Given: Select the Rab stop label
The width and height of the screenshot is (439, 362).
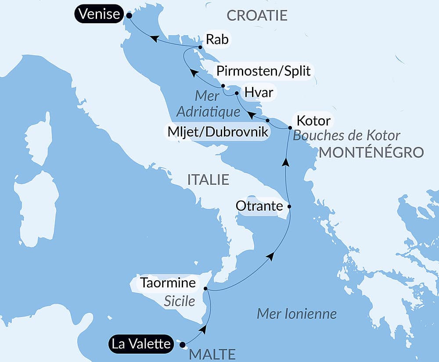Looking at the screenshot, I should [217, 40].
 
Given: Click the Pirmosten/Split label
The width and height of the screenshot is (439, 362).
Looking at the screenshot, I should [263, 71].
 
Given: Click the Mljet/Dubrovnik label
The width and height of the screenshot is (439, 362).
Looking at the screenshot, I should [216, 132].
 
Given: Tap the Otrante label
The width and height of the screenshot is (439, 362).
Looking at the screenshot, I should [259, 205].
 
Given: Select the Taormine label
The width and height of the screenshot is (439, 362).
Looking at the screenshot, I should [168, 282].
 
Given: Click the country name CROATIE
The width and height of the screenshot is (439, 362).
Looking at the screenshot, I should [257, 16].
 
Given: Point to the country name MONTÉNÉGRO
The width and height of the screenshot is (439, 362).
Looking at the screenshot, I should [371, 152].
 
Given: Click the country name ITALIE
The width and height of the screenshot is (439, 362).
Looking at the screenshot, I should [208, 179].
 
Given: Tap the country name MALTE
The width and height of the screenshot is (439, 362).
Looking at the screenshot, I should [212, 354].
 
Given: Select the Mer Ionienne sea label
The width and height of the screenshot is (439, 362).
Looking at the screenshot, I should [297, 314].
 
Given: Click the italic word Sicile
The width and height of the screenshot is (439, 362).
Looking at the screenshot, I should [179, 301].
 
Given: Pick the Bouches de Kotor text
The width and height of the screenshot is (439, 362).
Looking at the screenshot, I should [346, 135].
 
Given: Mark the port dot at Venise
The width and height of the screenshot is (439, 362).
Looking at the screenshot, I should [129, 15].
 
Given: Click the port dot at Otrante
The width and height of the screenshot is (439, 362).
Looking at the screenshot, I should [289, 206].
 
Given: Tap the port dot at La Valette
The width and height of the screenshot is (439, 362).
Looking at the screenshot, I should [183, 344].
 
